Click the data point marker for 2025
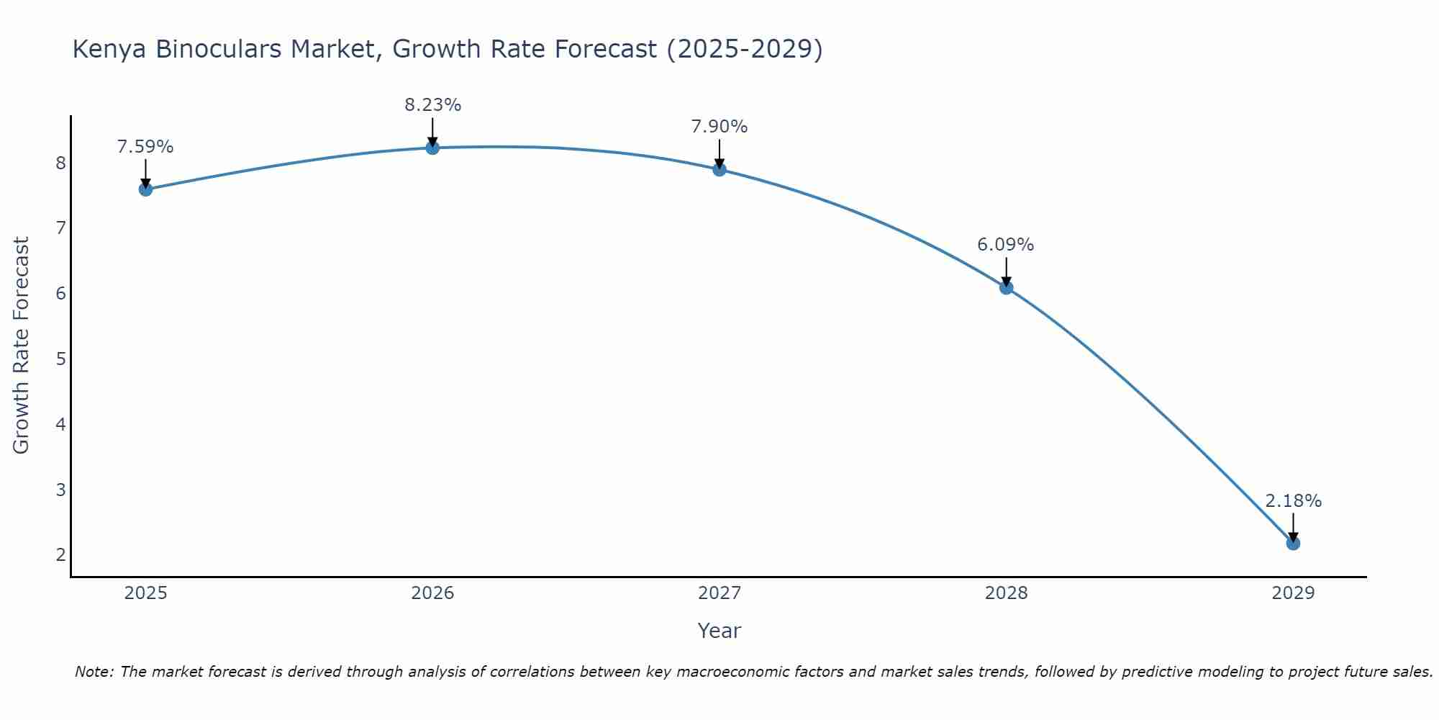coord(145,189)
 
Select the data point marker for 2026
coord(432,148)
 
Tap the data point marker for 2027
coord(719,169)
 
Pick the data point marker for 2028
coord(1006,287)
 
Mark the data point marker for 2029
coord(1293,543)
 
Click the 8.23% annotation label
coord(432,105)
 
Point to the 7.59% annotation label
coord(145,147)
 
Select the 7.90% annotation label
coord(719,127)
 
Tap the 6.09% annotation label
coord(1006,245)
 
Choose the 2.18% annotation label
coord(1293,501)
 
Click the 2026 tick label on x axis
coord(432,593)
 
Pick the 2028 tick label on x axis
coord(1006,593)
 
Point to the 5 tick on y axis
coord(60,359)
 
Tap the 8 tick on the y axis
coord(60,163)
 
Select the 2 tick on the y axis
coord(60,554)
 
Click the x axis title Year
coord(719,631)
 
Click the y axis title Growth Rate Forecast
coord(22,346)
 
